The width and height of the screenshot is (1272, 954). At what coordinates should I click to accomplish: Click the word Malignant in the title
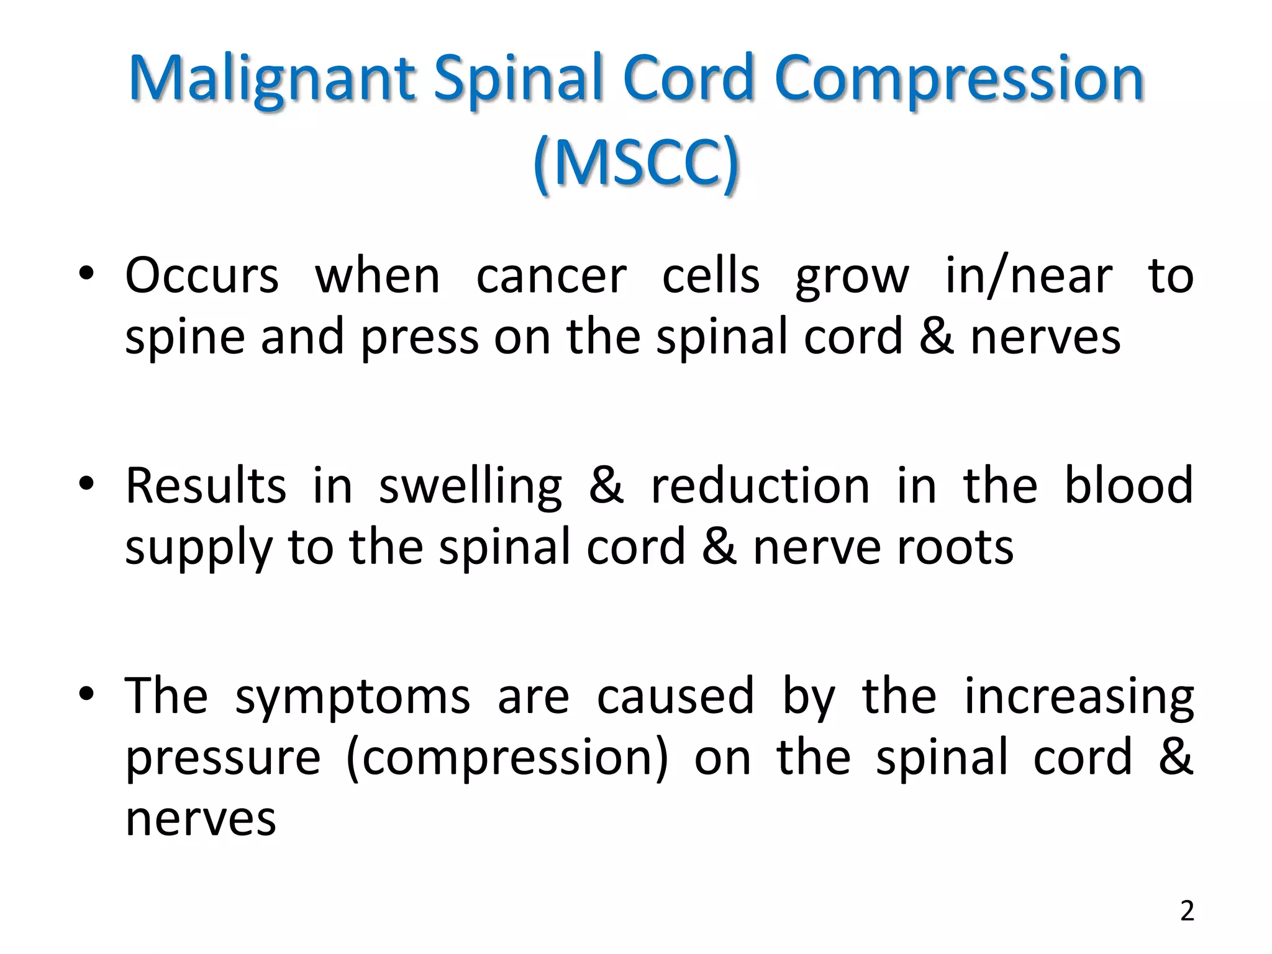click(272, 79)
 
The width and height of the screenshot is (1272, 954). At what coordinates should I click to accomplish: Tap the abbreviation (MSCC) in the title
click(636, 163)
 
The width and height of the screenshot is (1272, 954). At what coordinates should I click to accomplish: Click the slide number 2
click(1187, 911)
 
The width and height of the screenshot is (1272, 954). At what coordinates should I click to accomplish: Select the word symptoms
click(352, 697)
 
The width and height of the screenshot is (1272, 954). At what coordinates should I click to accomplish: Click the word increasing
click(1079, 697)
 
